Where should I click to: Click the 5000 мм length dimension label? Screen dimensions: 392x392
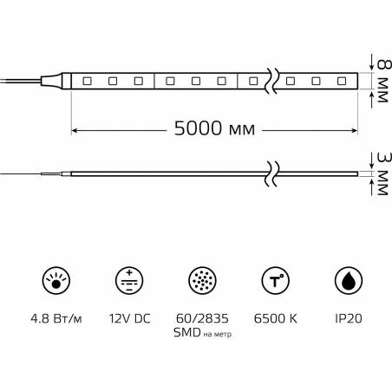[214, 128]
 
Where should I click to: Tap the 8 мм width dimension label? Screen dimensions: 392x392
[383, 81]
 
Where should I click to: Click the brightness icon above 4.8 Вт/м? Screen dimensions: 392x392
[56, 280]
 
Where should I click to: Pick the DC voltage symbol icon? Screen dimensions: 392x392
[129, 280]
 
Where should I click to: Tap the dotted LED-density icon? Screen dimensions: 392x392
[202, 280]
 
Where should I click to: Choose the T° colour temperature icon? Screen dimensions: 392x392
[276, 280]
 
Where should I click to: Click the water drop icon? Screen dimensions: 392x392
[349, 280]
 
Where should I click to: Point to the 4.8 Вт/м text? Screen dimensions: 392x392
[56, 319]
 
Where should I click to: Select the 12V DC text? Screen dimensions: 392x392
[130, 318]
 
